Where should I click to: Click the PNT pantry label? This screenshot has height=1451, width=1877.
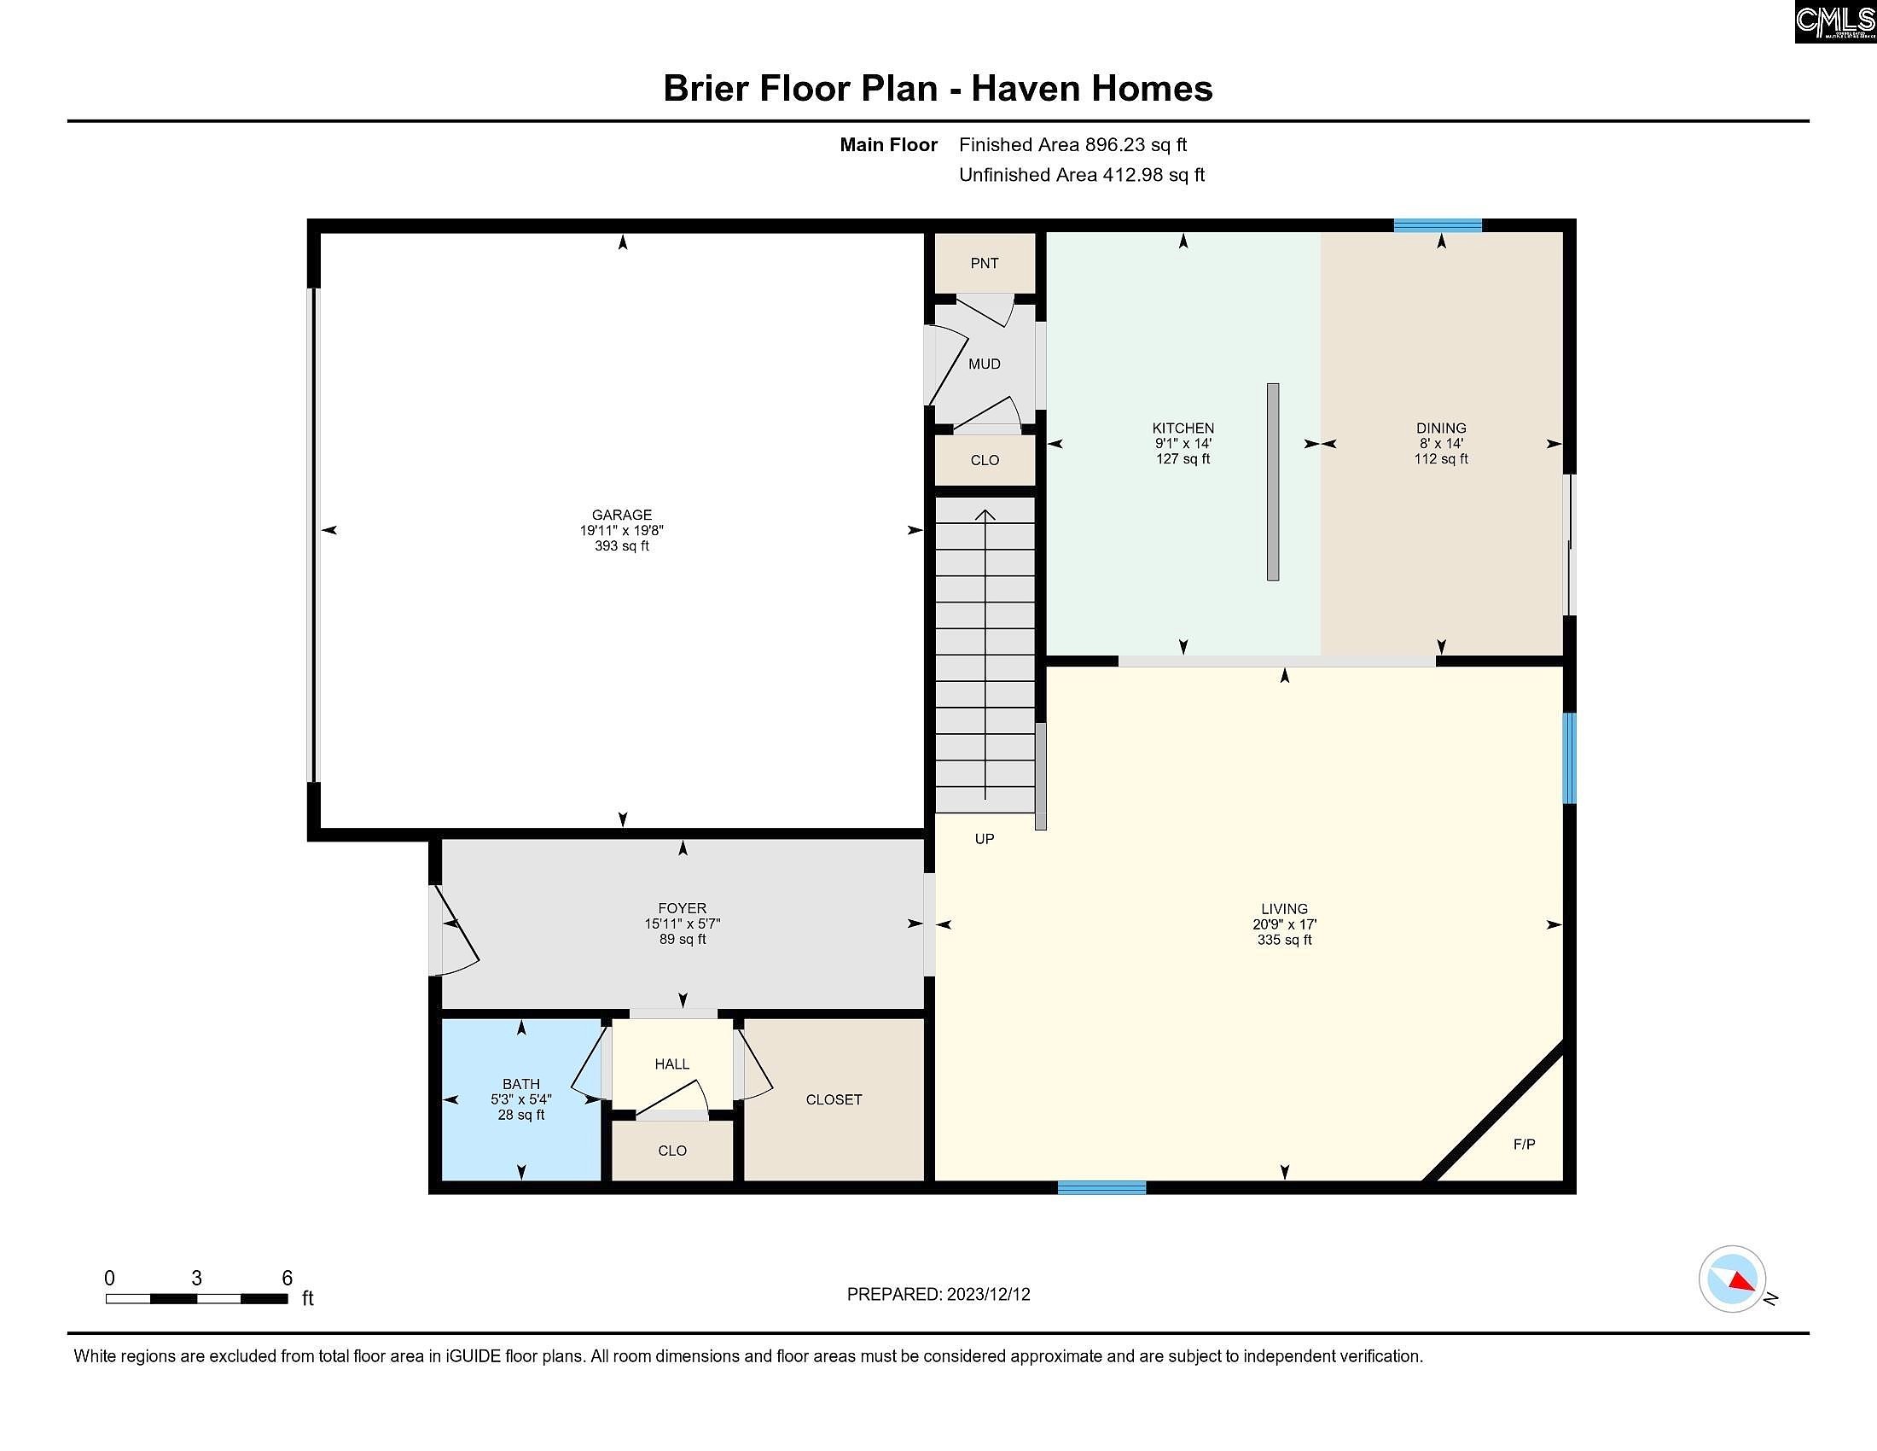coord(984,263)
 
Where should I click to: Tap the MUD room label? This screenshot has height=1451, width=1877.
coord(984,364)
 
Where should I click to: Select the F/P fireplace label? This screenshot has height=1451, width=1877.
coord(1524,1144)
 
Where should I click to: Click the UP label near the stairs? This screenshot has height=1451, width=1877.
coord(984,838)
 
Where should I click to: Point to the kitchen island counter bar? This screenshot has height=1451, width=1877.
coord(1273,482)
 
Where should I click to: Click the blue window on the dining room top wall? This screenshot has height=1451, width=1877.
coord(1437,225)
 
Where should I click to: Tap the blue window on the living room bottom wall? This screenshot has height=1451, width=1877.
coord(1101,1187)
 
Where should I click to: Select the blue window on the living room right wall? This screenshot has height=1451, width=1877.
coord(1568,757)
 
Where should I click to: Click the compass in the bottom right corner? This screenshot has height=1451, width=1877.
coord(1732,1279)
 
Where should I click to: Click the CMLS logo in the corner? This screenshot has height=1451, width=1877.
coord(1834,21)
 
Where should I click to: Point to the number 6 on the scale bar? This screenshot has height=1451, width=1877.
coord(287,1279)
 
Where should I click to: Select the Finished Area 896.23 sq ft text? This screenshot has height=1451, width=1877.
coord(1072,144)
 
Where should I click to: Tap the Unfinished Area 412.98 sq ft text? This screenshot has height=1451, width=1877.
coord(1081,174)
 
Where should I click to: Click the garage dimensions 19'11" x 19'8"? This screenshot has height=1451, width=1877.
coord(621,530)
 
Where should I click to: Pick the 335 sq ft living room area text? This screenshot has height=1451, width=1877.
coord(1284,940)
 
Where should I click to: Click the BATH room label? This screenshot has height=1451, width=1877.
coord(520,1084)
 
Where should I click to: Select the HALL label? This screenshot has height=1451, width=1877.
coord(671,1064)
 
